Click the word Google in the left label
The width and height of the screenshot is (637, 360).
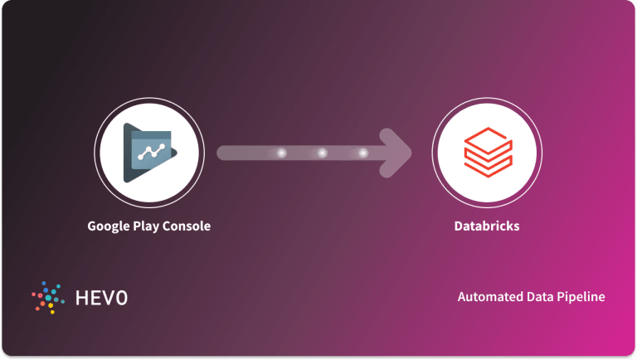(111, 226)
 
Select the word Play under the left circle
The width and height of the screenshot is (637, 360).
(152, 226)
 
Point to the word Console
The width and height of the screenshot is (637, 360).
(188, 226)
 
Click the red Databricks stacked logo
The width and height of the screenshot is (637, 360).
(487, 153)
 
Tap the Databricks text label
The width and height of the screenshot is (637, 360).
(487, 226)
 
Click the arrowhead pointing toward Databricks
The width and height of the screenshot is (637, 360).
(399, 153)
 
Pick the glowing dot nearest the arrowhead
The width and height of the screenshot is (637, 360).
(362, 153)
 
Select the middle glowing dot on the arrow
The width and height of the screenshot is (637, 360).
(322, 153)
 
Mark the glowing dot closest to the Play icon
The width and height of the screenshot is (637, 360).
(281, 153)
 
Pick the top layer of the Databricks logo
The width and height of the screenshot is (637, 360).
(487, 138)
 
